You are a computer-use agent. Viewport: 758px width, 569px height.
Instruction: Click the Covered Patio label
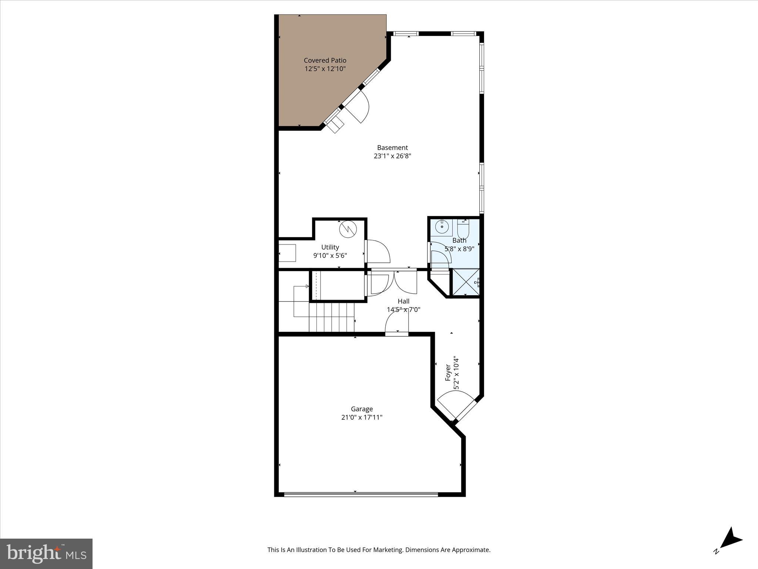(325, 60)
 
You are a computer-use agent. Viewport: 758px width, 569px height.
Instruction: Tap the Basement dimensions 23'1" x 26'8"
(392, 156)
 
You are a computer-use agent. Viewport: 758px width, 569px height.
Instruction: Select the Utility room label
(330, 247)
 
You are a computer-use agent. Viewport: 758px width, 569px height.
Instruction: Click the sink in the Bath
(442, 227)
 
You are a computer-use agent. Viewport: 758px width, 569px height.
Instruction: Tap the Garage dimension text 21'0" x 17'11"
(362, 417)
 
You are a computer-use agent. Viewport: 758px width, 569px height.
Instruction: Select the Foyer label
(448, 372)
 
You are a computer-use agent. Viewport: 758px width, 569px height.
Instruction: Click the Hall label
(403, 301)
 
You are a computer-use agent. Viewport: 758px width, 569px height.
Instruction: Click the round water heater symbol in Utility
(348, 229)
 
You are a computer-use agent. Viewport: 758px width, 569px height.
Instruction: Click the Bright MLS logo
(46, 554)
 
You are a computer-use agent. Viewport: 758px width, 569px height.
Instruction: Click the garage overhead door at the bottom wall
(361, 494)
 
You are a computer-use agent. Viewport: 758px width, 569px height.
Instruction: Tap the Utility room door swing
(378, 252)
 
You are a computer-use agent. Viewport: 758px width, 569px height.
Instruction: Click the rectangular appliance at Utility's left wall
(287, 253)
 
